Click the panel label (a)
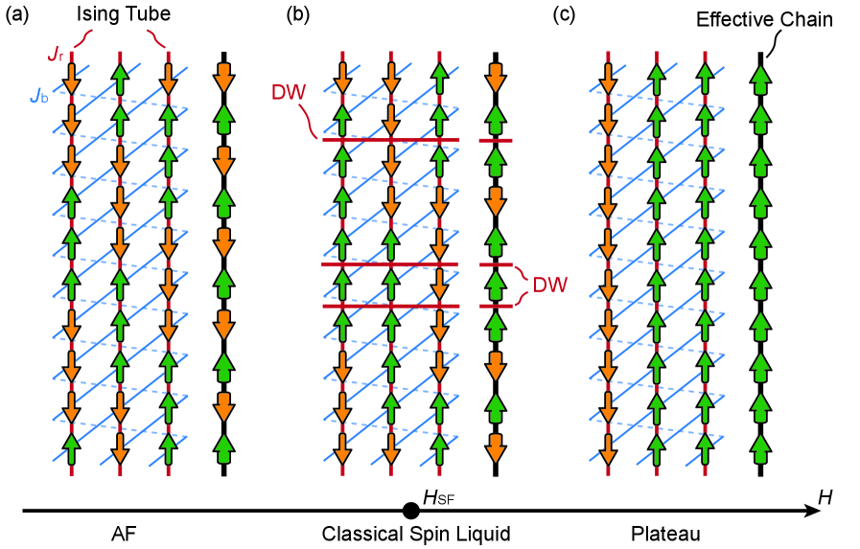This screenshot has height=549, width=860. pos(16,16)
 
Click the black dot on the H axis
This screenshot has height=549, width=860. pos(409,511)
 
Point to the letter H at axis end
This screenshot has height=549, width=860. pos(825,496)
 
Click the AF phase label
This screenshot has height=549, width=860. pos(120,534)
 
